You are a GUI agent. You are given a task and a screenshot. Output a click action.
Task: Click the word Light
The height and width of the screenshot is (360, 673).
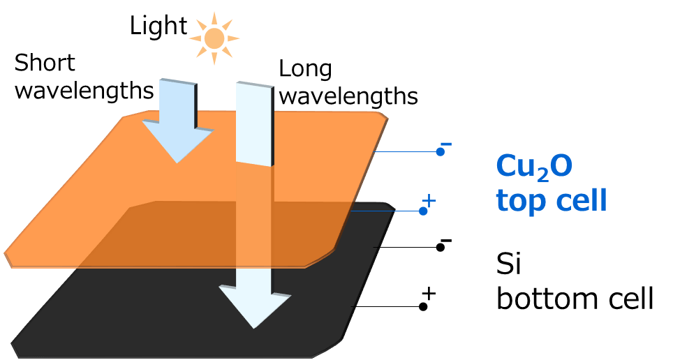pos(158,27)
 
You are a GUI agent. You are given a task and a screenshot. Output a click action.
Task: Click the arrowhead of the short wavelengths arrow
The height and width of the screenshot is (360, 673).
pos(177,142)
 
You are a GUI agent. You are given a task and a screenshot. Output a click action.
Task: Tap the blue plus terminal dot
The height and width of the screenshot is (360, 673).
pos(423,210)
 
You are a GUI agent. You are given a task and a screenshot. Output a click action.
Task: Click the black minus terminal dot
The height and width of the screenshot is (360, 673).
pos(441,247)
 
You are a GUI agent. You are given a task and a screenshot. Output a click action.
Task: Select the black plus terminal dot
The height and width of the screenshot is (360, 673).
pos(423,306)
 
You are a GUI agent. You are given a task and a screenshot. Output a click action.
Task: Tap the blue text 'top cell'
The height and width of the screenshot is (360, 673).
pos(551,200)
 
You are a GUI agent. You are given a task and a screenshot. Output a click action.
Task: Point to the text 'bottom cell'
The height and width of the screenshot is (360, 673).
pos(575,299)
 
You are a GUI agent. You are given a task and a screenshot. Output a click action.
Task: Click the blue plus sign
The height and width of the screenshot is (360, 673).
pos(429,201)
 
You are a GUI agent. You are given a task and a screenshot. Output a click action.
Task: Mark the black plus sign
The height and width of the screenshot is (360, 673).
pos(429,294)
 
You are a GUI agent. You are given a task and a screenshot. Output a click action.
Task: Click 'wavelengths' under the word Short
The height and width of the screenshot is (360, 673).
pos(84,91)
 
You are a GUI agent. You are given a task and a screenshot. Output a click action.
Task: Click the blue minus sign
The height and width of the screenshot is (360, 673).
pos(447,144)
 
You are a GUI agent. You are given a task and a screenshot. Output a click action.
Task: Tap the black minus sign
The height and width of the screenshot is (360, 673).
pos(447,241)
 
